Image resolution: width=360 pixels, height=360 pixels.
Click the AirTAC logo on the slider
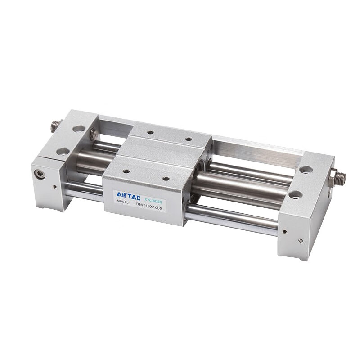tap(127, 194)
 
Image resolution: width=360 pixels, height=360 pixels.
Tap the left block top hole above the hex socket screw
tap(63, 151)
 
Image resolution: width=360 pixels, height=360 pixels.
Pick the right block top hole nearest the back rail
tap(306, 170)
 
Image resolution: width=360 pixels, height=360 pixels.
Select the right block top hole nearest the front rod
tap(296, 194)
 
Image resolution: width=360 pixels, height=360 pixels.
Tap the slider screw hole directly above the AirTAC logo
tap(126, 171)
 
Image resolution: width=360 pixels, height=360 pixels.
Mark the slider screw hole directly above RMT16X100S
tap(166, 178)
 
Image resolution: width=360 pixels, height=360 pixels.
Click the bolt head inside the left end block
tap(94, 134)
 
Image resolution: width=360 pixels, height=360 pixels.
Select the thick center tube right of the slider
tap(243, 183)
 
